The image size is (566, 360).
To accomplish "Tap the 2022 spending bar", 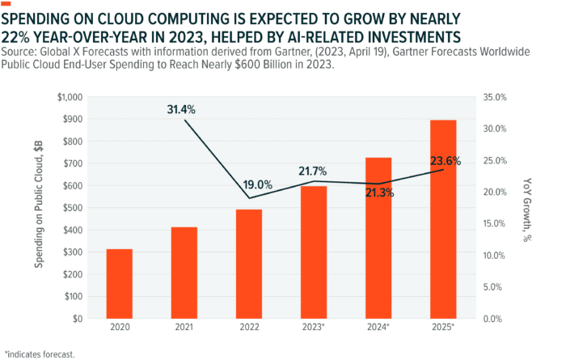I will click(249, 264).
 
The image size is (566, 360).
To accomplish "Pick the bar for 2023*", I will click(314, 252).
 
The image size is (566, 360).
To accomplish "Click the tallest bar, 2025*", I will click(443, 219).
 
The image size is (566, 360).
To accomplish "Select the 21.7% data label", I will click(314, 171).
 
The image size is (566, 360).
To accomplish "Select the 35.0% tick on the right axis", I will click(492, 97).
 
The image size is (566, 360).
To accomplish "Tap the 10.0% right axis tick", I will click(492, 256).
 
